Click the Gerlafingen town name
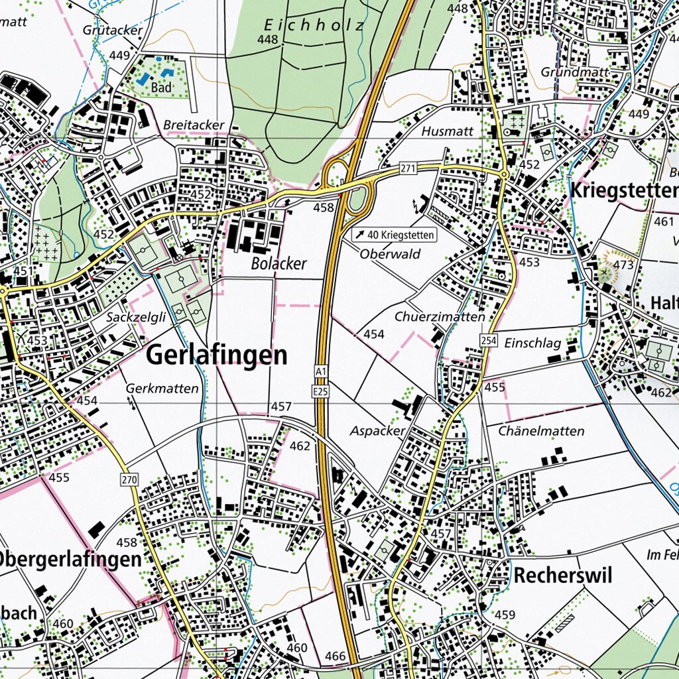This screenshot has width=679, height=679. point(217,355)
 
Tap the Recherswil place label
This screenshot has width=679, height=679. point(562,575)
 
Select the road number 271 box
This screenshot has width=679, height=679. point(408,168)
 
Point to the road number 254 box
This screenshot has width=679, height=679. point(489,340)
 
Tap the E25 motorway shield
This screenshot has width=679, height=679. point(322,392)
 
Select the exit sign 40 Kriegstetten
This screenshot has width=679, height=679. point(394,235)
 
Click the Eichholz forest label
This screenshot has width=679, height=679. point(314,26)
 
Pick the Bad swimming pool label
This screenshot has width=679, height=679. point(161,88)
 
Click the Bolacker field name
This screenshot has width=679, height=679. point(278,264)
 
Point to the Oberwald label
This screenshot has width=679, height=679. point(391,254)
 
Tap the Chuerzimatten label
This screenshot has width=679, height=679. point(440,317)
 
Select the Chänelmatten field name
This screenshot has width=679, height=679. point(541,432)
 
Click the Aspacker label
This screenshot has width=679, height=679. point(377,431)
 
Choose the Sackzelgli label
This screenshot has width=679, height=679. point(136,318)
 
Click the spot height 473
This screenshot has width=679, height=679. point(623,265)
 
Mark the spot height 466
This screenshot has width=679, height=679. point(336,656)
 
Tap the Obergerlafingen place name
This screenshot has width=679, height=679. point(70,559)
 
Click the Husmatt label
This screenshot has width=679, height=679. point(447,131)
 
